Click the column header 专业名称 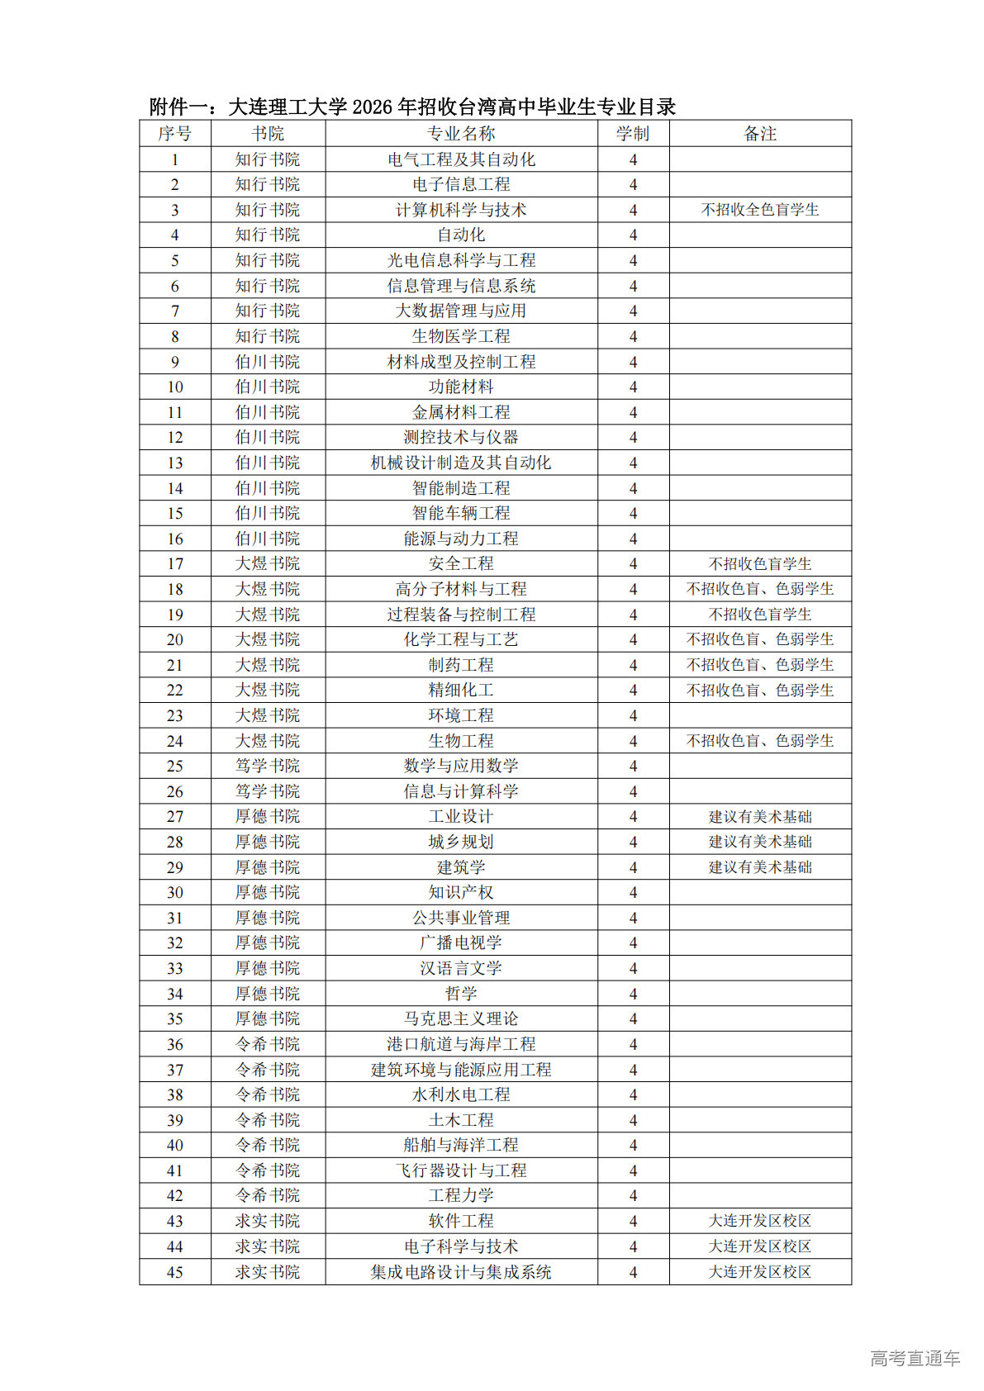coord(461,134)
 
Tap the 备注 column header coord(759,134)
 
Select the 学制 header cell coord(633,134)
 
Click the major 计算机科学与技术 coord(461,210)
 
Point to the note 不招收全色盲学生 coord(759,210)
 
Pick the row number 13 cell coord(175,463)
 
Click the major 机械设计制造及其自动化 coord(461,463)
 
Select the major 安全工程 coord(461,563)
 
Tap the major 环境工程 coord(461,715)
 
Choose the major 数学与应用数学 coord(461,766)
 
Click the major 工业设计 coord(461,816)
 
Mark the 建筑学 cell coord(461,867)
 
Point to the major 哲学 coord(461,994)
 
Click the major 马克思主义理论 coord(461,1018)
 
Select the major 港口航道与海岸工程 coord(461,1044)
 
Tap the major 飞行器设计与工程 coord(461,1170)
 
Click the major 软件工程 coord(461,1221)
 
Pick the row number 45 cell coord(175,1272)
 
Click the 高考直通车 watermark coord(915,1357)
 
